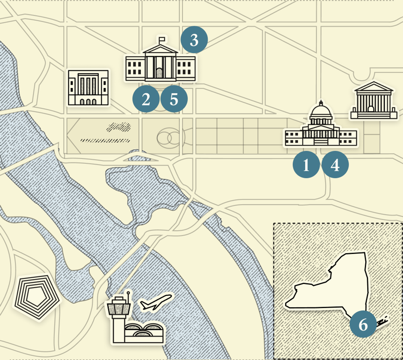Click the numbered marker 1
tap(306, 165)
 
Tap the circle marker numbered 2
tap(146, 100)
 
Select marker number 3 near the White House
tap(194, 40)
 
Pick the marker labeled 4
tap(335, 165)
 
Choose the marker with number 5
tap(174, 100)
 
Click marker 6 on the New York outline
tap(363, 325)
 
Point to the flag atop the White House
tap(162, 39)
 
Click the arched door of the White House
tap(160, 74)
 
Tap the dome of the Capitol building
tap(321, 112)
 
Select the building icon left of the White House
tap(88, 87)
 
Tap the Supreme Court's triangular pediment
tap(373, 87)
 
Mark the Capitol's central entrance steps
tap(321, 141)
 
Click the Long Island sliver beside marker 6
tap(382, 321)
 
